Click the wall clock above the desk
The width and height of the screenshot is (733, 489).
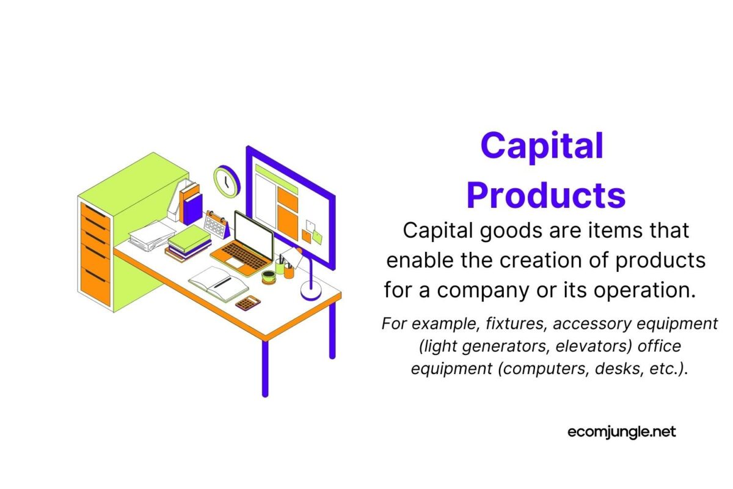(227, 181)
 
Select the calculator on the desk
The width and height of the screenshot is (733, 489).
(248, 302)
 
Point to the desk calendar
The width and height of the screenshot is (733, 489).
(216, 224)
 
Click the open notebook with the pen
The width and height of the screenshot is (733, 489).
(217, 283)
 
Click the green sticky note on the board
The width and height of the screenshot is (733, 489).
(317, 238)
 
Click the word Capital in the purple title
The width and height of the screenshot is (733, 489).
(542, 147)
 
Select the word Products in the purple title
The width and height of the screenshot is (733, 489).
(546, 194)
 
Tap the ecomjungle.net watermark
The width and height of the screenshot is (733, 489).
(621, 432)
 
